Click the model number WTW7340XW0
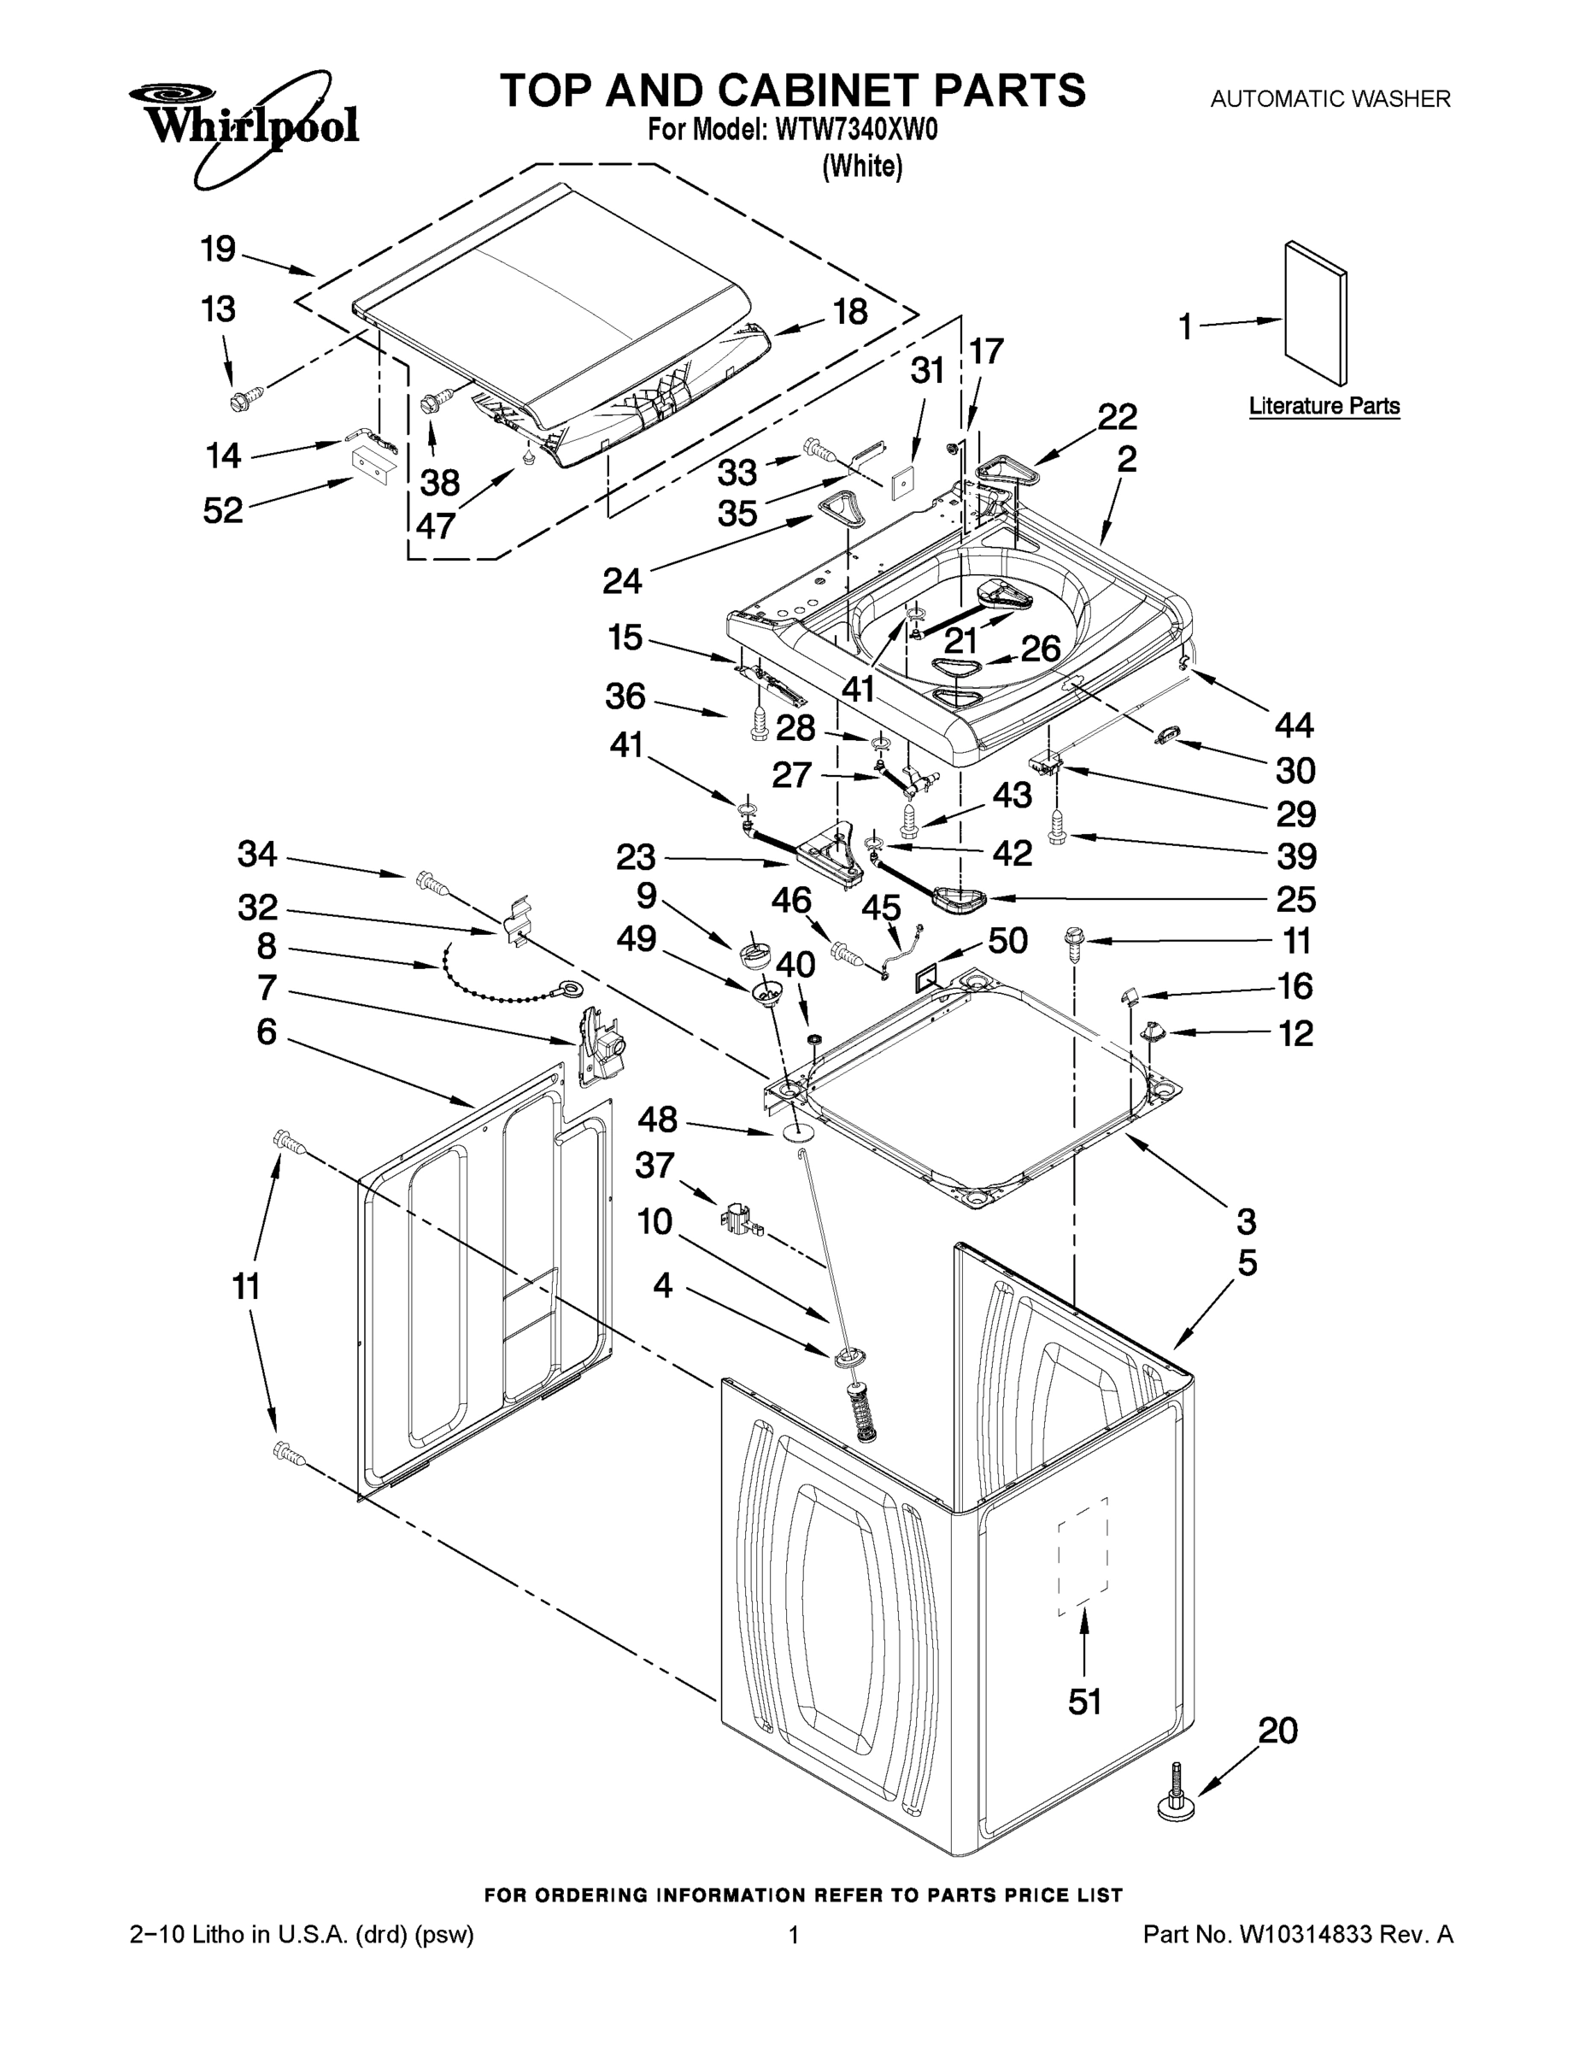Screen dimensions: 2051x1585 [855, 131]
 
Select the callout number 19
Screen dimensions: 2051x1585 [218, 250]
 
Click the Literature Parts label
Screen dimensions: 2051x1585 [1323, 407]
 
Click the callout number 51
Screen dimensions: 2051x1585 [1084, 1701]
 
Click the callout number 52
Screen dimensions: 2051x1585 [222, 510]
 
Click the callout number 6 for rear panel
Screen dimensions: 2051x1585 [267, 1032]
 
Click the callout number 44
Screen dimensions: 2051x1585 [1294, 725]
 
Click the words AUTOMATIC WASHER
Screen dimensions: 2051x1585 [1330, 97]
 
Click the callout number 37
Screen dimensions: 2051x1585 [655, 1166]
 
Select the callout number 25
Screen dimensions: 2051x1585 [1296, 899]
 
